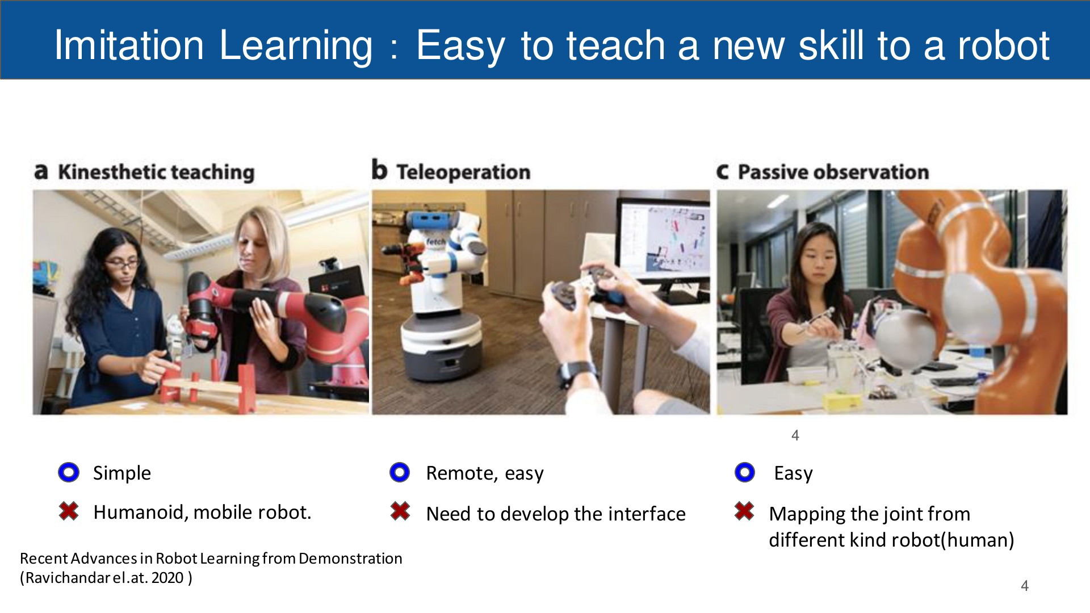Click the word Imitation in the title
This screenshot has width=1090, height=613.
(x=129, y=45)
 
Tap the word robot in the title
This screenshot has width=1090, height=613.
(x=1004, y=45)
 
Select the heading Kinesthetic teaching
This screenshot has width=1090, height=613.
(x=144, y=171)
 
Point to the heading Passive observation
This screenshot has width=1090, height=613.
(x=823, y=171)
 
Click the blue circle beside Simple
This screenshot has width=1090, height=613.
(x=69, y=472)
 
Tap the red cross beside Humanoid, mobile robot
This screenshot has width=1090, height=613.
(x=69, y=511)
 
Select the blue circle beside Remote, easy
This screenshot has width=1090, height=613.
(x=400, y=472)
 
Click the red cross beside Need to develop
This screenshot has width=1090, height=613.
(x=400, y=511)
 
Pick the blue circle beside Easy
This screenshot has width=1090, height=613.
(x=745, y=472)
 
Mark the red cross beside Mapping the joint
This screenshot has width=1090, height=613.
(x=744, y=511)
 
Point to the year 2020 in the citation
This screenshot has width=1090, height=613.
(x=167, y=578)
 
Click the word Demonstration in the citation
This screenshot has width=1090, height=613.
(x=350, y=559)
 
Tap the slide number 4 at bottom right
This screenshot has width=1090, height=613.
(x=1025, y=586)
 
